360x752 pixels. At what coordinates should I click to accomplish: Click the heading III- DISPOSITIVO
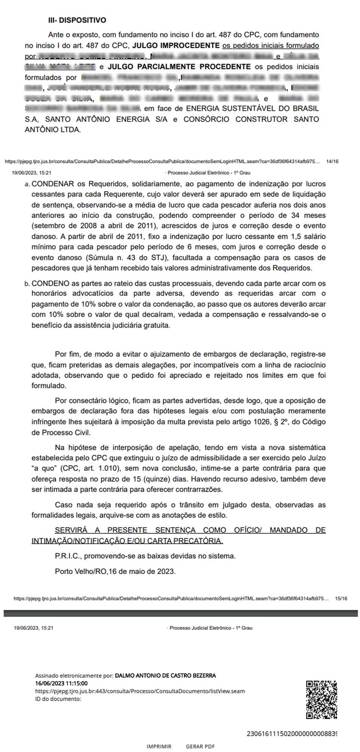77,20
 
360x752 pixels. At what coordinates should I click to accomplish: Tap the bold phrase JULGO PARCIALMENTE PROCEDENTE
179,67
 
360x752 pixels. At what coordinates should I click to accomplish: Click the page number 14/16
332,162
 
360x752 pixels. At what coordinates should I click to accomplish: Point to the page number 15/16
341,599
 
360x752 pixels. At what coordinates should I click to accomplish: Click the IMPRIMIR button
159,746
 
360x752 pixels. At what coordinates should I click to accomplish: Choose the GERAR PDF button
200,746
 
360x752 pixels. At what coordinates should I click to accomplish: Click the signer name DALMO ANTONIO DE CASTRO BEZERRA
165,676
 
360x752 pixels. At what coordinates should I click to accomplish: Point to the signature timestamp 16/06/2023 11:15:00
61,683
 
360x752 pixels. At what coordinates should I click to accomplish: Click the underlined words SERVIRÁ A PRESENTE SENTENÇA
126,530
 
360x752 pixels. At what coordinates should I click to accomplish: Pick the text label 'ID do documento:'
58,699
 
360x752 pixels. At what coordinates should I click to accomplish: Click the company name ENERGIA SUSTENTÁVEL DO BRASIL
252,109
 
